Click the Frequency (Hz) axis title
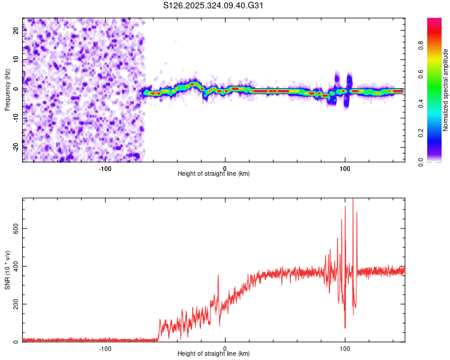coord(7,90)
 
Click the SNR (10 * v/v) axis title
coord(7,270)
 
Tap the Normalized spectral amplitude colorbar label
coord(446,90)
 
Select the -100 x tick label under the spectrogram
coord(105,168)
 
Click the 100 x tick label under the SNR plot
coord(345,348)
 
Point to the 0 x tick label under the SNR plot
coord(225,348)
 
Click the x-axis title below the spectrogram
coord(214,174)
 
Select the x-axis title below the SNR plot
coord(214,354)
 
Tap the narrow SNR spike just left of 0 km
coord(218,276)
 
